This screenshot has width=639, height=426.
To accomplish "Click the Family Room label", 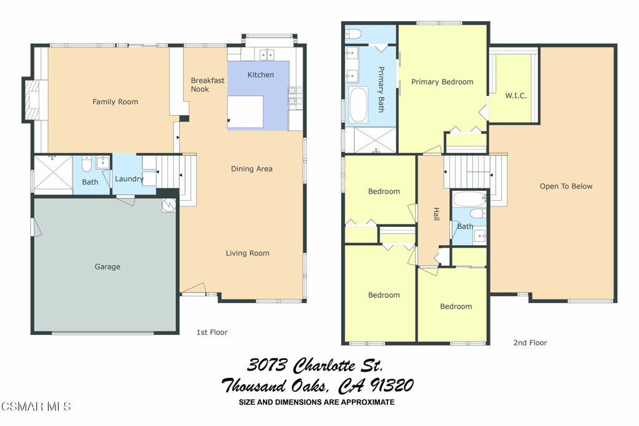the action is coord(115,102).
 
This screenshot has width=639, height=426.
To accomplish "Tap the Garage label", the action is coord(107,267).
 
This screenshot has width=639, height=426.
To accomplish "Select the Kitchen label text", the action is coord(260,74).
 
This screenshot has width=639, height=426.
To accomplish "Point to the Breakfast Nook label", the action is coord(207,85).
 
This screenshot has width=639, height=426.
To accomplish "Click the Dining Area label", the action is coord(251,168).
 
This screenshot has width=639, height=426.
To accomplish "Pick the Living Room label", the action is coord(248,253).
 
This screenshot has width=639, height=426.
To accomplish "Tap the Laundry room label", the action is coord(129,179).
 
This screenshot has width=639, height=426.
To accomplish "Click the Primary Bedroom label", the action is coord(442,82).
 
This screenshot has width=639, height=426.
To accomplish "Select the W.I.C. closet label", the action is coord(516,95).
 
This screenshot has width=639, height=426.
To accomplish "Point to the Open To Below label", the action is coord(566,186).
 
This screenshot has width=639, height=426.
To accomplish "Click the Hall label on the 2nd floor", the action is coord(436,214).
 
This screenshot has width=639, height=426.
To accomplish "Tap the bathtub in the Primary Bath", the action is coord(358,104).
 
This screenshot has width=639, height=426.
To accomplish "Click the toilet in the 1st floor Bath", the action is coord(86,163).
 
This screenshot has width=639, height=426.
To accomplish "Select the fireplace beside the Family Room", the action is coord(32,100).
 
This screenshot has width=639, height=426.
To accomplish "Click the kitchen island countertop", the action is coord(245,112).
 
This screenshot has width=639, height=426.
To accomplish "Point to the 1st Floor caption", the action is coord(212,332).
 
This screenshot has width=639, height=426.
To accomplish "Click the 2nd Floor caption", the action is coord(530,343).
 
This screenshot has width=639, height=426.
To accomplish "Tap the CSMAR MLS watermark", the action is coord(36,406).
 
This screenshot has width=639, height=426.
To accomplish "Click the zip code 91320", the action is coord(392,385).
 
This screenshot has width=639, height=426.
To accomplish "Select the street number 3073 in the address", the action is coord(267,365).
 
